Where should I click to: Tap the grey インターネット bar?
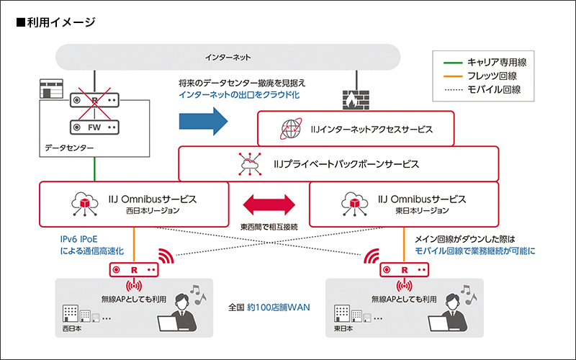(x=228, y=57)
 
